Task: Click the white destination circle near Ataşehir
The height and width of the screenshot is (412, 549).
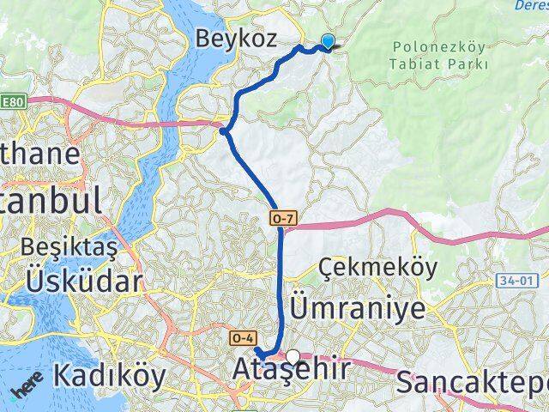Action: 294,356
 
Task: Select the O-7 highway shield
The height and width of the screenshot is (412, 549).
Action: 285,220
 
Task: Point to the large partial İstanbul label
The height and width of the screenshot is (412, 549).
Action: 51,201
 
